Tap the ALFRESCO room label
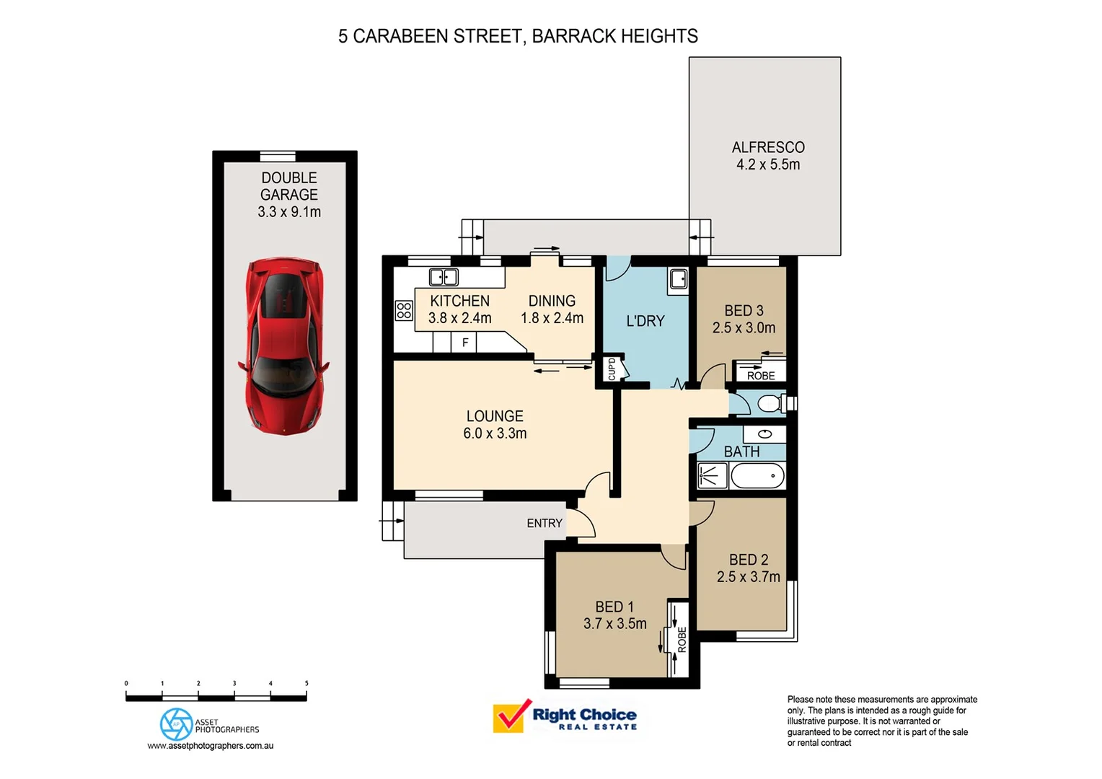(768, 147)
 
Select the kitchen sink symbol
(444, 277)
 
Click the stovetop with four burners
(404, 311)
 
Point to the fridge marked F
(465, 343)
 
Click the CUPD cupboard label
(612, 369)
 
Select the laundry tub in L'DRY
(678, 278)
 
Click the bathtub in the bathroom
(757, 476)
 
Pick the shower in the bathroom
(713, 476)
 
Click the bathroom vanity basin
(764, 433)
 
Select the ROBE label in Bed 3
(761, 375)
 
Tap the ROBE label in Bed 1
(682, 639)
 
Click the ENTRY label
(545, 523)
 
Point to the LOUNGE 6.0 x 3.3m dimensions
(495, 433)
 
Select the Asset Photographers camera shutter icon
(176, 724)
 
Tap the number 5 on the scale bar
(307, 683)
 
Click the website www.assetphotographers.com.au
(211, 746)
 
